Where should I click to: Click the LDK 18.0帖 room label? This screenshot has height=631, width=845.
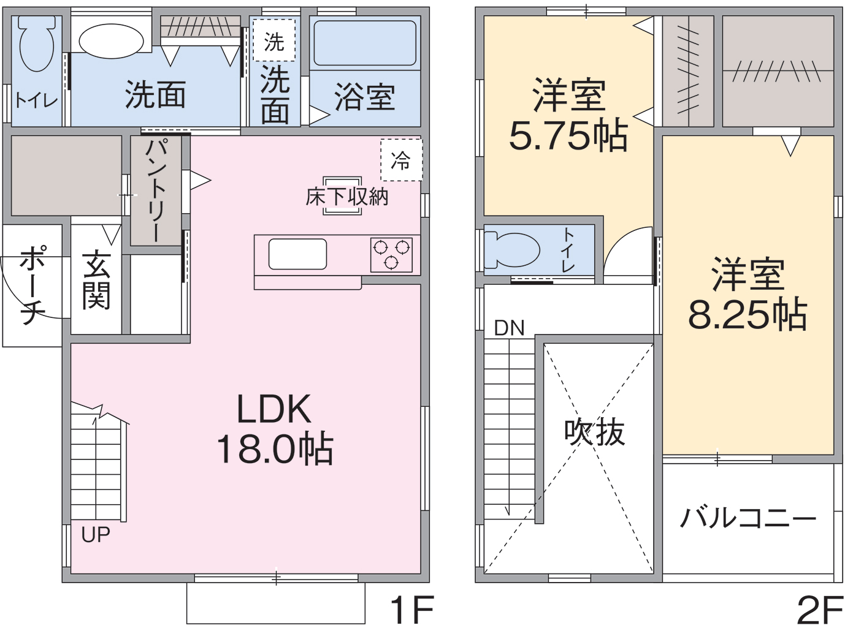pos(274,429)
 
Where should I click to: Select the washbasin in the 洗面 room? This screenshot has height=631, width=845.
pos(111,41)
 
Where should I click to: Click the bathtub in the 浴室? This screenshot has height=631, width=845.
pos(365,43)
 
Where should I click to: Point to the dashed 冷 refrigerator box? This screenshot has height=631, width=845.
pos(401,161)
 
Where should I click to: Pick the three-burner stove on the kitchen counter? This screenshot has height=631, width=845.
pos(391,254)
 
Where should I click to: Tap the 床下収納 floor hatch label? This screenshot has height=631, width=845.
pos(347,197)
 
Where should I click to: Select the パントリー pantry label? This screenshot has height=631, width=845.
pos(155,191)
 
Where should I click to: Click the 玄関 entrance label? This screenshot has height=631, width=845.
pos(96,279)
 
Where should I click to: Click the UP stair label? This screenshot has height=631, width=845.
pos(96,535)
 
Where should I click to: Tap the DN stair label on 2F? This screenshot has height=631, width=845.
pos(509,328)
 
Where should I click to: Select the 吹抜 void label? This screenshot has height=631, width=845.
pos(594,433)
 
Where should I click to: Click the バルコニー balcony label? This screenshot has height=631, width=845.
pos(747,518)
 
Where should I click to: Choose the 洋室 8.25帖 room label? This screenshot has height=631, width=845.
pos(747,294)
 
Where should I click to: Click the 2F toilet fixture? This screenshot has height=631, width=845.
pos(511,250)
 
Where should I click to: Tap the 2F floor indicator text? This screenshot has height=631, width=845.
pos(819,610)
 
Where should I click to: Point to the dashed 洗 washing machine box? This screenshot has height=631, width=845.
pos(274,41)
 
